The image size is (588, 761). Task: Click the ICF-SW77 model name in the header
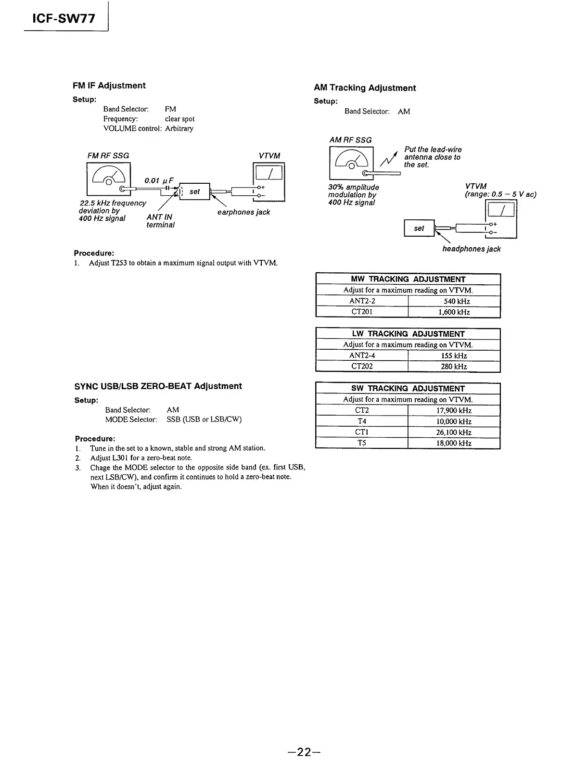coord(64,19)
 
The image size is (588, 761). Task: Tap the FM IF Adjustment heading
coord(109,86)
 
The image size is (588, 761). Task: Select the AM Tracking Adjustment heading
coord(364,88)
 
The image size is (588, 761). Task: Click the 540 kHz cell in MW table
coord(454,302)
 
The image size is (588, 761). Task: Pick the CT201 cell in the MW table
coord(362,312)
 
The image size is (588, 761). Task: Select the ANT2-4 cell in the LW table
coord(362,356)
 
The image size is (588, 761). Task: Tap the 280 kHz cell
coord(454,367)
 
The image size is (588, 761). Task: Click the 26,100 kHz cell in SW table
coord(454,432)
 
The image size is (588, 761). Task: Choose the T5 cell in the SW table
coord(362,443)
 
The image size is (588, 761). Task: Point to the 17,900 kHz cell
coord(454,411)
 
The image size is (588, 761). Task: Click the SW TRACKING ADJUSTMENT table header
coord(408,389)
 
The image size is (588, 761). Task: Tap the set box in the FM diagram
coord(194,191)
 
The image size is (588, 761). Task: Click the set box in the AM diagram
coord(419,228)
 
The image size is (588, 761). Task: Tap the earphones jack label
coord(243,212)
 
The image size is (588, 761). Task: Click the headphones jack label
coord(471,249)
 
